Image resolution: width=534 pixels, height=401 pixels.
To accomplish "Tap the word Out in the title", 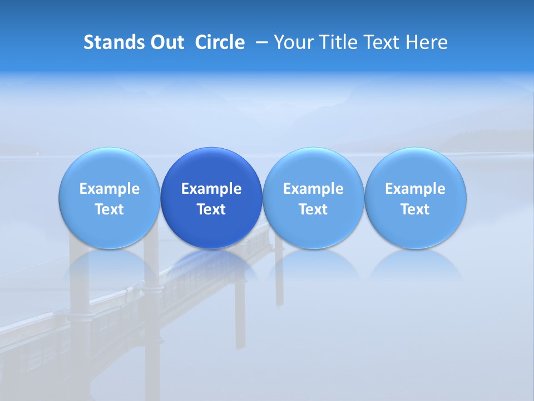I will coord(166,42).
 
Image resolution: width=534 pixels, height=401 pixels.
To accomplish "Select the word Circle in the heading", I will coord(220,42).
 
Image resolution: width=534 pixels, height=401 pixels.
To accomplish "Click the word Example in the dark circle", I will coord(211,189).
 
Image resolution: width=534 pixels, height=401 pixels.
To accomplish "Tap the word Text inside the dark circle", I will coord(211,209).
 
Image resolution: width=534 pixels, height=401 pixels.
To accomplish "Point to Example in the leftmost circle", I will coord(109,189).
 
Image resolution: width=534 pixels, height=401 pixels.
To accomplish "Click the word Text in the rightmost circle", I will coord(416,209).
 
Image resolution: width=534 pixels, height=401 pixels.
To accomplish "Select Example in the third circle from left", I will coord(313,189).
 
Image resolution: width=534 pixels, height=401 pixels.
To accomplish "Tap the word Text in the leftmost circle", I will coord(109,209).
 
